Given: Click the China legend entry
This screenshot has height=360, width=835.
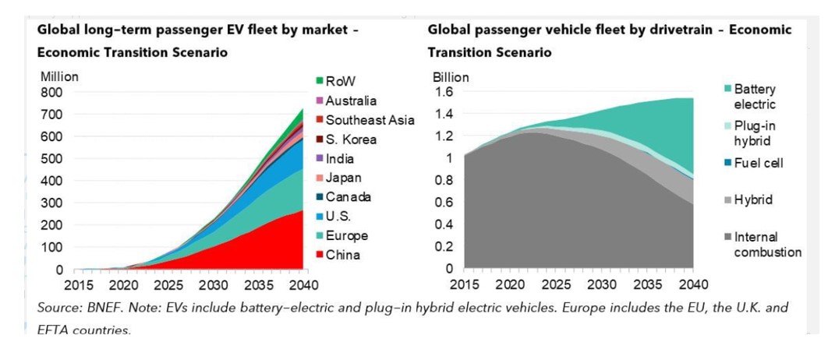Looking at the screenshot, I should pyautogui.click(x=342, y=255).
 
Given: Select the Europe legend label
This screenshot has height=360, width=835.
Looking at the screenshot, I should pyautogui.click(x=346, y=235).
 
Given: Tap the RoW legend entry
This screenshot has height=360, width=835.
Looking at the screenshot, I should pyautogui.click(x=340, y=81).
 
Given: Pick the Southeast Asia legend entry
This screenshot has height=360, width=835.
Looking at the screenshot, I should pyautogui.click(x=370, y=120).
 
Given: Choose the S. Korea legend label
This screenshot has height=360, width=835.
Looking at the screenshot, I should pyautogui.click(x=351, y=139).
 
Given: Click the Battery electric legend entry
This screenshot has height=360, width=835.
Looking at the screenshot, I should pyautogui.click(x=754, y=97).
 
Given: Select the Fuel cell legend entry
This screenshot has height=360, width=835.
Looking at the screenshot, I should pyautogui.click(x=758, y=163).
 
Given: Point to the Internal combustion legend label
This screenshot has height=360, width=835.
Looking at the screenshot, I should pyautogui.click(x=766, y=245).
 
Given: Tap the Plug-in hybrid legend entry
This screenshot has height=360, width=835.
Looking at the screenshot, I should pyautogui.click(x=755, y=133).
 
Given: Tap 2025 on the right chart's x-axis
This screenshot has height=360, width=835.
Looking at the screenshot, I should pyautogui.click(x=556, y=284).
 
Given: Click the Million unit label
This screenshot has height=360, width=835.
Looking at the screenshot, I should pyautogui.click(x=58, y=77).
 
